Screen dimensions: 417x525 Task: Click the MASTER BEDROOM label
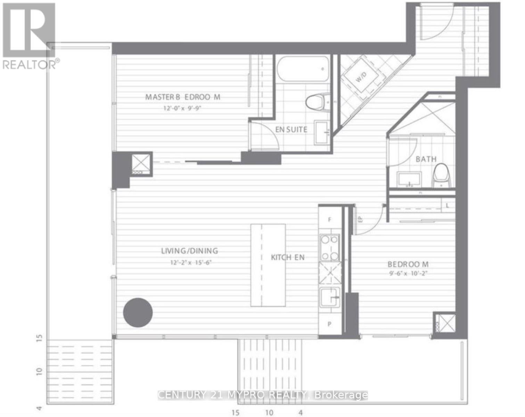pos(182,97)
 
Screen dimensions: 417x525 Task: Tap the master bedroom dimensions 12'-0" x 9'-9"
pos(182,108)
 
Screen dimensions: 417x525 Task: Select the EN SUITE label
pos(291,130)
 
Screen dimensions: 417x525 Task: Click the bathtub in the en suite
pos(303,69)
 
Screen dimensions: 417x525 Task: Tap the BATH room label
pos(426,159)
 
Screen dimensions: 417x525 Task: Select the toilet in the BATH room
pos(442,176)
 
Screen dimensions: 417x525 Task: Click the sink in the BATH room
pos(409,179)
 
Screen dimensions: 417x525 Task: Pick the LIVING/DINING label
pos(190,251)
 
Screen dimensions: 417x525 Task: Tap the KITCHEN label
pos(288,257)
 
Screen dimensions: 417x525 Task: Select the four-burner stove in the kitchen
pos(330,248)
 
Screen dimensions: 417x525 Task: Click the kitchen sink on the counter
pos(330,297)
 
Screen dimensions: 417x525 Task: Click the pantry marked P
pos(330,325)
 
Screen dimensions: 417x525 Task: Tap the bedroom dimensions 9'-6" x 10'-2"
pos(408,273)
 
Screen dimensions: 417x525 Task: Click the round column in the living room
pos(138,312)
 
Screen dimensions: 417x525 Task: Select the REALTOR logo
pos(29,35)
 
